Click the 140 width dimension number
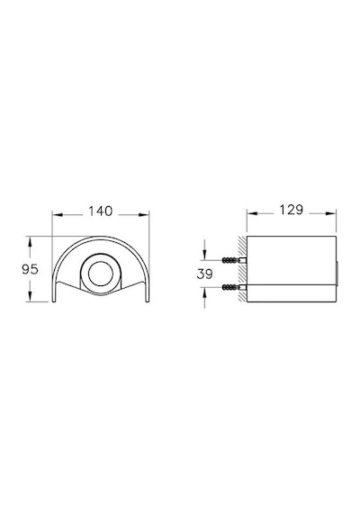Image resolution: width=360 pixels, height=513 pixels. click(101, 211)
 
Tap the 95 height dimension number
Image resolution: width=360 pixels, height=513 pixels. click(30, 269)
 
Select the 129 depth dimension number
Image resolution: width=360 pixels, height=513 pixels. click(291, 210)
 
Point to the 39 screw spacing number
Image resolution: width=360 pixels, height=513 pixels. click(205, 274)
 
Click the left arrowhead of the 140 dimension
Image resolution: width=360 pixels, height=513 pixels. click(57, 214)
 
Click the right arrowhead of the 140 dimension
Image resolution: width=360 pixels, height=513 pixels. click(144, 214)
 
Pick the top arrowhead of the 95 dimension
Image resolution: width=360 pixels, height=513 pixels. click(30, 241)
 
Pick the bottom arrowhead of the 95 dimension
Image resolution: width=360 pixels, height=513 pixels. click(30, 296)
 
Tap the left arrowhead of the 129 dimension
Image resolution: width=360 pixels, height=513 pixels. click(252, 213)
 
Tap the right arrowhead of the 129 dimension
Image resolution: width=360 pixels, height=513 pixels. click(331, 213)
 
